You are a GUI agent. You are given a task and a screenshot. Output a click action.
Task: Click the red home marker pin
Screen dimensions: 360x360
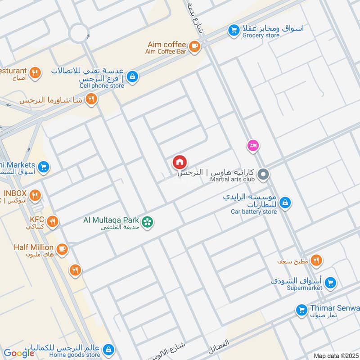coord(180,162)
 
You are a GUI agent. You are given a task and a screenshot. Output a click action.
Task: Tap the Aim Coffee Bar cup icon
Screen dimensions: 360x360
coord(194,47)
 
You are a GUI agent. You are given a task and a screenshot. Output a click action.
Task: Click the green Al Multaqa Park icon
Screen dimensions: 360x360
coord(147,221)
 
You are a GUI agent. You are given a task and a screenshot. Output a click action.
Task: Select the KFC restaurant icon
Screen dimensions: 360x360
coord(53,221)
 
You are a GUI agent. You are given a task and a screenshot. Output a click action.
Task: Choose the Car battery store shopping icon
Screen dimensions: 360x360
coord(284,203)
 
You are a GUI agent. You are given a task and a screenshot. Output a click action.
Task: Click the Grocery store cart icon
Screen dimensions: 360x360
coord(233,30)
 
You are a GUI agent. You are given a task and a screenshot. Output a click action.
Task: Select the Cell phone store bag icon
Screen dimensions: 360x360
coord(132,77)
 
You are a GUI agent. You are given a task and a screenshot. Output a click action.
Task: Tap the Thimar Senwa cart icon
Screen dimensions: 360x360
coord(301,310)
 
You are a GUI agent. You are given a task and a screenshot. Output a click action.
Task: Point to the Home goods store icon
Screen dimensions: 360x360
coord(108,349)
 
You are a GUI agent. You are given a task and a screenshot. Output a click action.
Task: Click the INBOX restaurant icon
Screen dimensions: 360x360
coord(35,195)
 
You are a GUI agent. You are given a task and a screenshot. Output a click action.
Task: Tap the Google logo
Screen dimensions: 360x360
coord(19,353)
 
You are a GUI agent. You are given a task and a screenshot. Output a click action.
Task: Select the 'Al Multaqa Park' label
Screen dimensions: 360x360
coord(111,220)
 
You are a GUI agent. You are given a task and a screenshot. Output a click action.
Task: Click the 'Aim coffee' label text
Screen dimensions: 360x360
coord(166,45)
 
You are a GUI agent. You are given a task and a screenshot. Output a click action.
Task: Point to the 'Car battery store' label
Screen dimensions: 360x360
coord(254,211)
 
